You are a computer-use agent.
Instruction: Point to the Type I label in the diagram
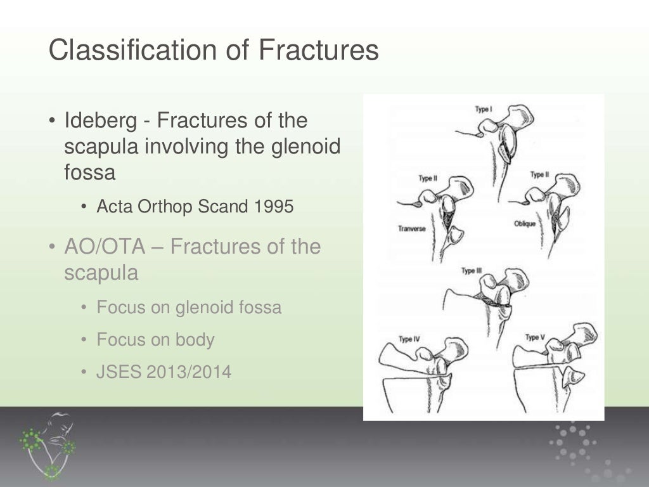(484, 109)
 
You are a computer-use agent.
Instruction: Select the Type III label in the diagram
(472, 271)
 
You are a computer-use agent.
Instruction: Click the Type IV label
(409, 339)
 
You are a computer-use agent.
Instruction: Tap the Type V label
(535, 337)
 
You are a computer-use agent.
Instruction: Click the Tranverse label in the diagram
(411, 228)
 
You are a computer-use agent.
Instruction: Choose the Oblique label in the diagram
(525, 224)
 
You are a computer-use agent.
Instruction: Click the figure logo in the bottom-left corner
(49, 445)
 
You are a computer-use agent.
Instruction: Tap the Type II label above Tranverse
(428, 178)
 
